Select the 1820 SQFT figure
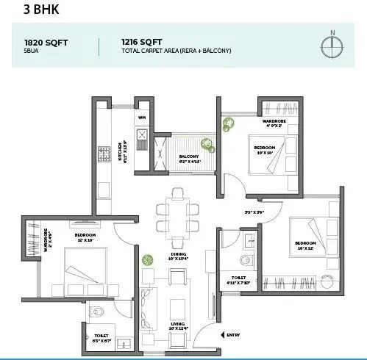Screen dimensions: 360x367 click(x=46, y=42)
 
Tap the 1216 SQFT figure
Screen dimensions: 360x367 click(x=143, y=42)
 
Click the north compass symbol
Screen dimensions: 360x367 click(x=332, y=44)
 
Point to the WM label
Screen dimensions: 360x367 click(x=141, y=117)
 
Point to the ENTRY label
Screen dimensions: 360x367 click(x=233, y=335)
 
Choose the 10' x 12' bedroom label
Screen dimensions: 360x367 click(x=305, y=244)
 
